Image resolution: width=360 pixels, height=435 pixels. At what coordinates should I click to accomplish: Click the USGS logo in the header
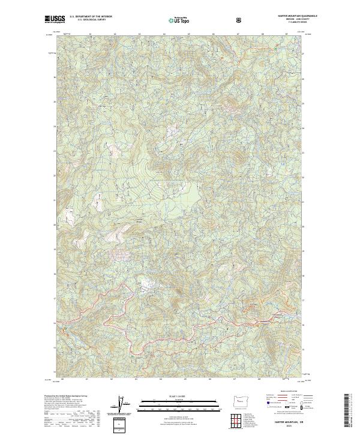(55, 20)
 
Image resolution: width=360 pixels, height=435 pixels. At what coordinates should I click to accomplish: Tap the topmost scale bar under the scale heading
(179, 401)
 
